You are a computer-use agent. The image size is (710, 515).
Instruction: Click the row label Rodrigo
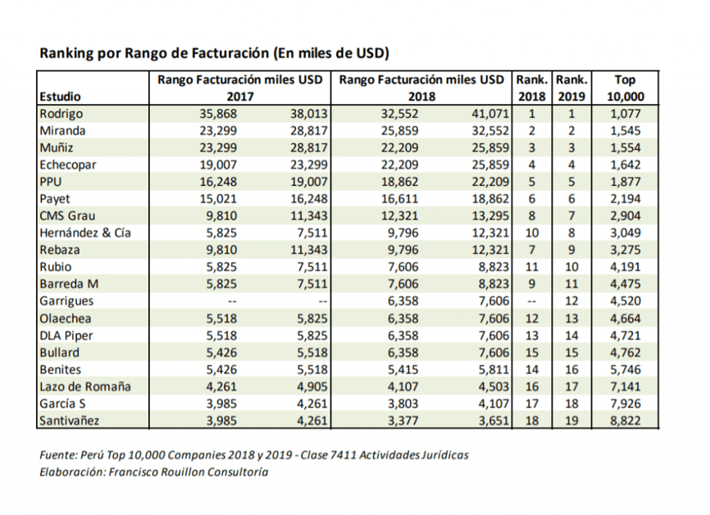(61, 114)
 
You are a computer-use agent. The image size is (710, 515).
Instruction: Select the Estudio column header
(60, 97)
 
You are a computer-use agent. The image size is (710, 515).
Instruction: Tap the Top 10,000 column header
(625, 88)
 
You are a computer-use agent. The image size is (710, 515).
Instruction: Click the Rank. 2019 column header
(571, 88)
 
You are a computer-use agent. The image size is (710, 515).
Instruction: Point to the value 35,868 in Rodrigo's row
(218, 114)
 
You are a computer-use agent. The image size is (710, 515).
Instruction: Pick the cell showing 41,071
(490, 114)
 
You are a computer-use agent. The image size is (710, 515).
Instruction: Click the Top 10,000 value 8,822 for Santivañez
(625, 421)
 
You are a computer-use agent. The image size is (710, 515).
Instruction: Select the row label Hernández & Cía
(85, 233)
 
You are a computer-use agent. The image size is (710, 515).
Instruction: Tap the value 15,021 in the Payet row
(218, 199)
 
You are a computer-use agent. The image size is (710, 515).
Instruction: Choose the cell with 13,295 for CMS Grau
(490, 216)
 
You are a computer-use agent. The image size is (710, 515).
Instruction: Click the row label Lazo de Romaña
(85, 386)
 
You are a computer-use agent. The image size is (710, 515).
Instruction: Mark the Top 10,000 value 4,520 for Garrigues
(625, 301)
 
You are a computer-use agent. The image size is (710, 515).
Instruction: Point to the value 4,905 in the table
(312, 386)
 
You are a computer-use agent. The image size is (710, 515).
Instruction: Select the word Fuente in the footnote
(58, 455)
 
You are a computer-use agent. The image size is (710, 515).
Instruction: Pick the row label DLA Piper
(66, 336)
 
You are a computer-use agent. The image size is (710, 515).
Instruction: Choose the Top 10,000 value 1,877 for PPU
(625, 182)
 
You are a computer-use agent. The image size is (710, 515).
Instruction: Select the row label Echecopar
(68, 165)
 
